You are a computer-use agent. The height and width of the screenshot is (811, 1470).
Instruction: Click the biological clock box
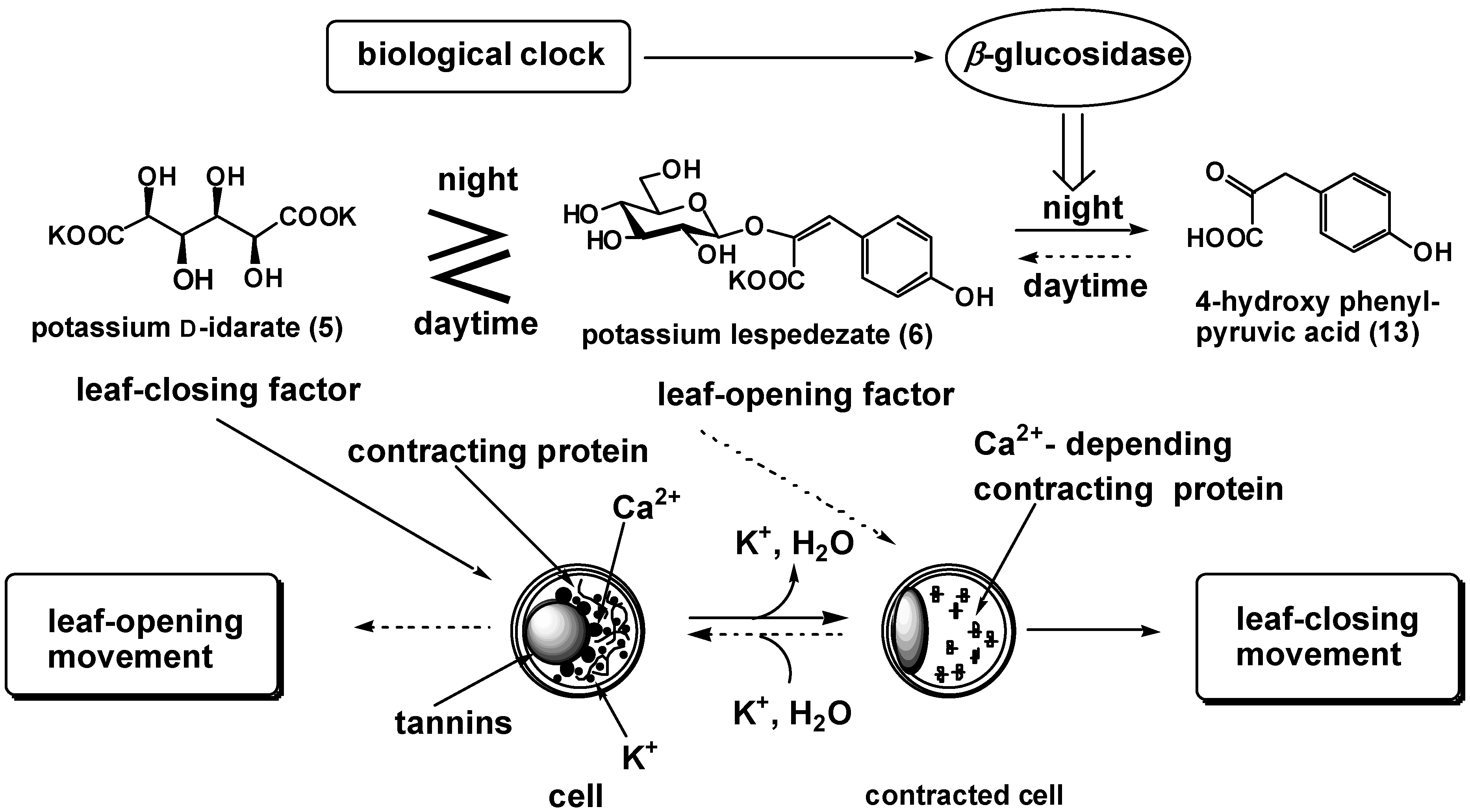pyautogui.click(x=478, y=56)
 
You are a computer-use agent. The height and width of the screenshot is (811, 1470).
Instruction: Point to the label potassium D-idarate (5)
pyautogui.click(x=187, y=328)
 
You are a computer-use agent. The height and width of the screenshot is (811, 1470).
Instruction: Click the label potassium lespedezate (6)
pyautogui.click(x=757, y=335)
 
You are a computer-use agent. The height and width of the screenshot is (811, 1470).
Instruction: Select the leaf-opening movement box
pyautogui.click(x=143, y=637)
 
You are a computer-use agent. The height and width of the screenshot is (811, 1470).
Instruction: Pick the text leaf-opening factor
pyautogui.click(x=806, y=395)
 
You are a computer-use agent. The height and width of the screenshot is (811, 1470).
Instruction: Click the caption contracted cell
pyautogui.click(x=964, y=795)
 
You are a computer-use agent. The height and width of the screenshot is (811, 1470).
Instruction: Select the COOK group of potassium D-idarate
pyautogui.click(x=317, y=217)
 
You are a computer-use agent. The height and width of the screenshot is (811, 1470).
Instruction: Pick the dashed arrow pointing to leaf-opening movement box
pyautogui.click(x=422, y=627)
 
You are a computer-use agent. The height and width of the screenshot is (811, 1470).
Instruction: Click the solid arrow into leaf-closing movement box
pyautogui.click(x=1093, y=630)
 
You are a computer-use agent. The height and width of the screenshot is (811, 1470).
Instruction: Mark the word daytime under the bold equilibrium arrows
pyautogui.click(x=475, y=324)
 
